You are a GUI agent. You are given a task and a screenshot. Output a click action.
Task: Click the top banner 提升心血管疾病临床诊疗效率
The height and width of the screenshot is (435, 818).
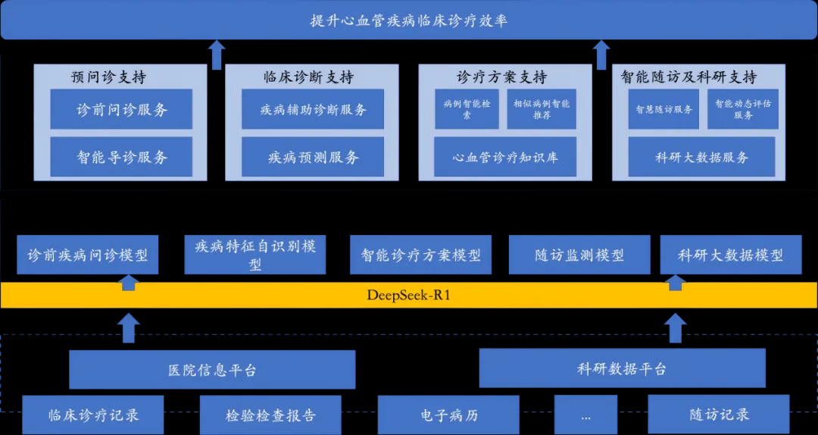click(x=409, y=20)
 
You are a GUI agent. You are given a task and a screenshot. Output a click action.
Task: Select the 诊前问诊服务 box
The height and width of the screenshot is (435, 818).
click(x=121, y=109)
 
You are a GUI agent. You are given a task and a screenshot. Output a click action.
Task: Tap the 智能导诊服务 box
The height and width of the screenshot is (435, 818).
click(x=121, y=157)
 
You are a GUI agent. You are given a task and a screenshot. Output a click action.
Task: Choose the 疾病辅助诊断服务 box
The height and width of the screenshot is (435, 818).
click(x=313, y=109)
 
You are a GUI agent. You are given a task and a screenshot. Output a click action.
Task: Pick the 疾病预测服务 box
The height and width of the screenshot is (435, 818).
click(x=313, y=157)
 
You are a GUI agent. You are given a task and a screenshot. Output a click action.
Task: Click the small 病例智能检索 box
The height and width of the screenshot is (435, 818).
click(x=467, y=109)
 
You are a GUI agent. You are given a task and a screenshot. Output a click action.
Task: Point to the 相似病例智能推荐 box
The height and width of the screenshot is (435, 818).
click(x=541, y=109)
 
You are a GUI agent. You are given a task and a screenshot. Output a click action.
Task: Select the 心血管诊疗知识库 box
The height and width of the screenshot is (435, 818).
click(x=504, y=157)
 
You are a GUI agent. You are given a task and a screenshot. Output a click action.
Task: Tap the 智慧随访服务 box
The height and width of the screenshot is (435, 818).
click(x=664, y=109)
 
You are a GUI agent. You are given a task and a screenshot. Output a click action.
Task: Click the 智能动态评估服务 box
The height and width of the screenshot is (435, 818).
click(x=743, y=109)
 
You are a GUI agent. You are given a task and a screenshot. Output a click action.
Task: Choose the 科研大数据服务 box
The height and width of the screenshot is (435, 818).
click(x=701, y=157)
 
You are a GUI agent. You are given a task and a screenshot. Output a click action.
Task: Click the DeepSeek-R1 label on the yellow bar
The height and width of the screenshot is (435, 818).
click(x=408, y=295)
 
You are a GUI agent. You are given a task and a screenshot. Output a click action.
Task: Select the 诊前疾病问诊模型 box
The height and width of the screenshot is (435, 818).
click(x=88, y=255)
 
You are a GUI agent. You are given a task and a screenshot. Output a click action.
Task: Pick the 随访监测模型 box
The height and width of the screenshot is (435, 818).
click(x=579, y=255)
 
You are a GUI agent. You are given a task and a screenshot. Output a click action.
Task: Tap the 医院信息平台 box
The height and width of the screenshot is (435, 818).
click(x=212, y=370)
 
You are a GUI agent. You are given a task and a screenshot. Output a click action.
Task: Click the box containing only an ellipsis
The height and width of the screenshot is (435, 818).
click(x=585, y=415)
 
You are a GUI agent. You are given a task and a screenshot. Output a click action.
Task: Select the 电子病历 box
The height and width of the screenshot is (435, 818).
click(x=449, y=415)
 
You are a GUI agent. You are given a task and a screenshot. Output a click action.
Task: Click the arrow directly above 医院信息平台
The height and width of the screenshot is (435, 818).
click(x=129, y=328)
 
